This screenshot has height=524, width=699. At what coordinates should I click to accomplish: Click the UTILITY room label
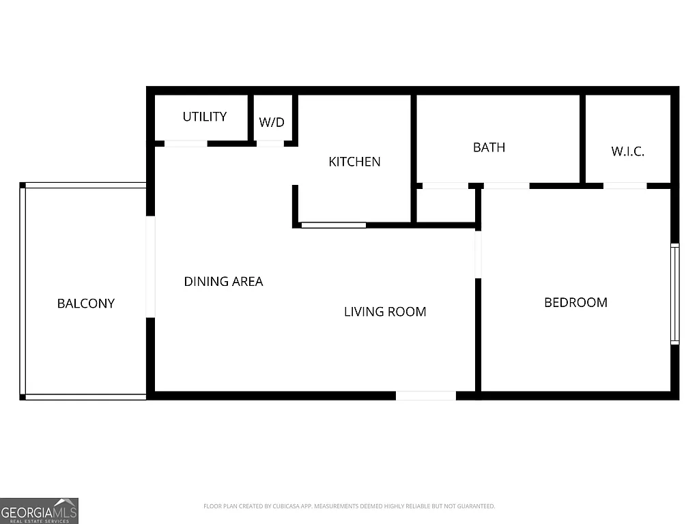tap(204, 117)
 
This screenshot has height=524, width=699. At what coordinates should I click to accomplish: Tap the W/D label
tap(272, 123)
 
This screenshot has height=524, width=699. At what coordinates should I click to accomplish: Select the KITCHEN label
tap(354, 162)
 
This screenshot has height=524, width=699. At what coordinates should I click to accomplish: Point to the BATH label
tap(489, 147)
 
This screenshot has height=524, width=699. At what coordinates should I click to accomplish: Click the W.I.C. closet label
tap(627, 151)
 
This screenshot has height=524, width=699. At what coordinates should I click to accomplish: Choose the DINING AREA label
tap(223, 281)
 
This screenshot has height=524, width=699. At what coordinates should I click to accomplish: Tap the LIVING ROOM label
tap(385, 312)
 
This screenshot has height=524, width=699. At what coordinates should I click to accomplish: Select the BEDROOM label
tap(575, 302)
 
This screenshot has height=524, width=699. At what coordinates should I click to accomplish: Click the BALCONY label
tap(85, 304)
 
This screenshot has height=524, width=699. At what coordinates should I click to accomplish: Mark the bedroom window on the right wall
tap(674, 293)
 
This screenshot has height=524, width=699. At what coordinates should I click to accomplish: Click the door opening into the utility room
tap(186, 143)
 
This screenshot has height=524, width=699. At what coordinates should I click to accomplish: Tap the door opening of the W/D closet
tap(270, 143)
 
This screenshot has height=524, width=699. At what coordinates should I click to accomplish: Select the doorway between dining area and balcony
tap(150, 267)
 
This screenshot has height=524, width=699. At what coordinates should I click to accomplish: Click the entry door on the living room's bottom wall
tap(426, 396)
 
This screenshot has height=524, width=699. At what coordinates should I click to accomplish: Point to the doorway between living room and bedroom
tap(478, 254)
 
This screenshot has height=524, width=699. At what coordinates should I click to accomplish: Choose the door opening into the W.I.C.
tap(625, 186)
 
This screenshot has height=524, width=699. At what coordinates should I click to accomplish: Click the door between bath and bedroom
tap(506, 186)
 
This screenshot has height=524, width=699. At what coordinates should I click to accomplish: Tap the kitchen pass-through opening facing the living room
tap(333, 224)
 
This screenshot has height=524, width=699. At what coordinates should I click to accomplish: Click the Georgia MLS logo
tap(39, 510)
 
